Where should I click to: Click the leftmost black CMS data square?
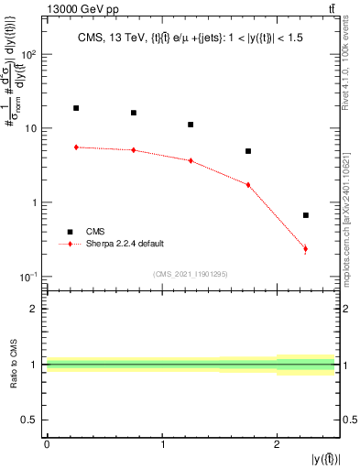pos(76,108)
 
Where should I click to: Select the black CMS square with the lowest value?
pos(306,215)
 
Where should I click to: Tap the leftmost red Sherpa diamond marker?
pos(76,147)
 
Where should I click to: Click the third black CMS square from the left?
pos(191,125)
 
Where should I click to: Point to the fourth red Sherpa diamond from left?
pos(248,185)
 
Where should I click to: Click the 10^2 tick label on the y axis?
pos(29,55)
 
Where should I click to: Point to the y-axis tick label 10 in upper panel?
pos(31,129)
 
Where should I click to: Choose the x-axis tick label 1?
pos(162,444)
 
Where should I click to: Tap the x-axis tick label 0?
pos(47,444)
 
